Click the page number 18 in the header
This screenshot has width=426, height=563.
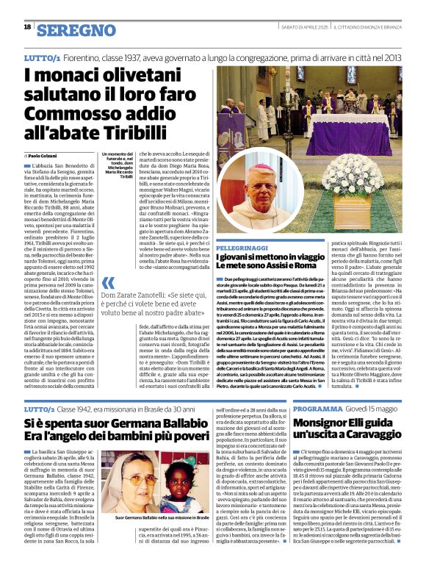[x=28, y=27]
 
